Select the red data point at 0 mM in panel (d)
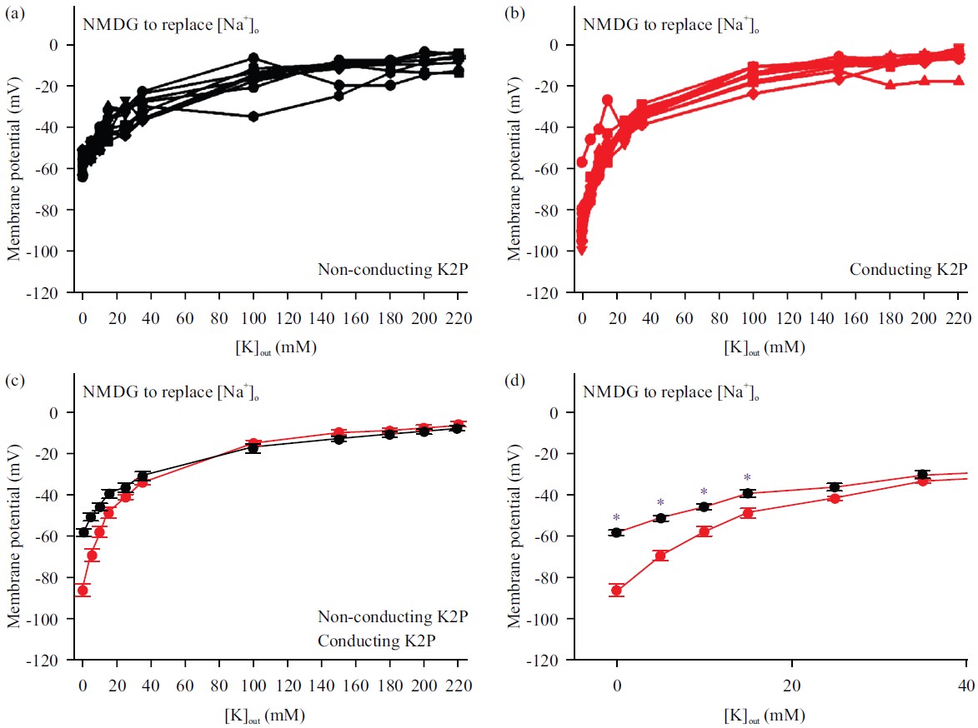tap(617, 590)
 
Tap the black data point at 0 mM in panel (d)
tap(617, 532)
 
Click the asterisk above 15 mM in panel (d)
tap(748, 478)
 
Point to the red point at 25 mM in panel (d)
tap(835, 498)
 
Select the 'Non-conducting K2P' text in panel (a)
tap(392, 269)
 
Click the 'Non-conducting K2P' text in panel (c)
tap(392, 617)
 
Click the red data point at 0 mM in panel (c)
tap(83, 590)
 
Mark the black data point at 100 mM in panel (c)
tap(253, 447)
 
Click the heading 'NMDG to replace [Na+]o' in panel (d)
tap(670, 391)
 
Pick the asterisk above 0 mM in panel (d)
tap(617, 517)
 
